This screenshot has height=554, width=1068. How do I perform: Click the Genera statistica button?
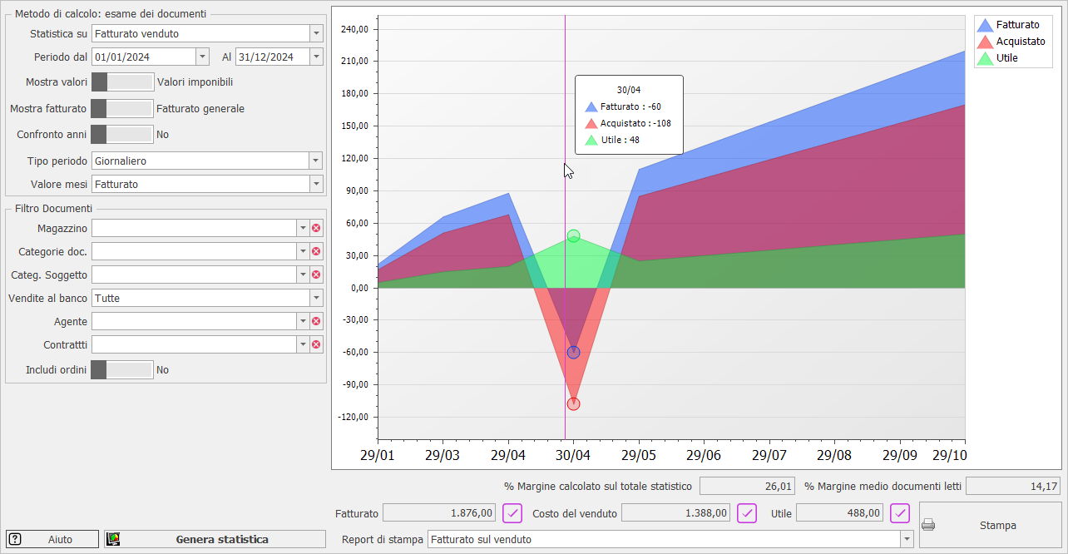coord(215,539)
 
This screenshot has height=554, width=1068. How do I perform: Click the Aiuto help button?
coord(52,539)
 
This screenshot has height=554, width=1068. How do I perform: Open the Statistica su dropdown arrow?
coord(316,34)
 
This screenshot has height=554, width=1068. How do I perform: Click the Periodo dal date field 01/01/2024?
coord(143,57)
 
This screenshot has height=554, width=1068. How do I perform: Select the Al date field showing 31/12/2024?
coord(272,57)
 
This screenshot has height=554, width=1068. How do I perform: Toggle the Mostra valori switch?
coord(122,82)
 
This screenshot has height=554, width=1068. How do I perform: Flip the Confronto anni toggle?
coord(122,134)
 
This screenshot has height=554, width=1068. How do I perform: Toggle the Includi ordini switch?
coord(122,369)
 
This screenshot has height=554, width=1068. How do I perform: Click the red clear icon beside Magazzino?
coord(316,228)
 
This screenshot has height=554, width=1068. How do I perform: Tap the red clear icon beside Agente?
coord(316,321)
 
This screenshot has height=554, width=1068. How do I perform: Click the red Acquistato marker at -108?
coord(573,404)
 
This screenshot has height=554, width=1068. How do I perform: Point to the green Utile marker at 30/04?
coord(573,236)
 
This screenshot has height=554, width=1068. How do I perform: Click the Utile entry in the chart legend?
coord(1006,58)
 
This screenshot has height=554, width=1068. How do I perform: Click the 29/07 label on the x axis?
coord(769,456)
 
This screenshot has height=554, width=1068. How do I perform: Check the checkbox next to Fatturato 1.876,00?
coord(512,513)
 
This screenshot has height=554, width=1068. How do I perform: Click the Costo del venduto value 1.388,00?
coord(675,513)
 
